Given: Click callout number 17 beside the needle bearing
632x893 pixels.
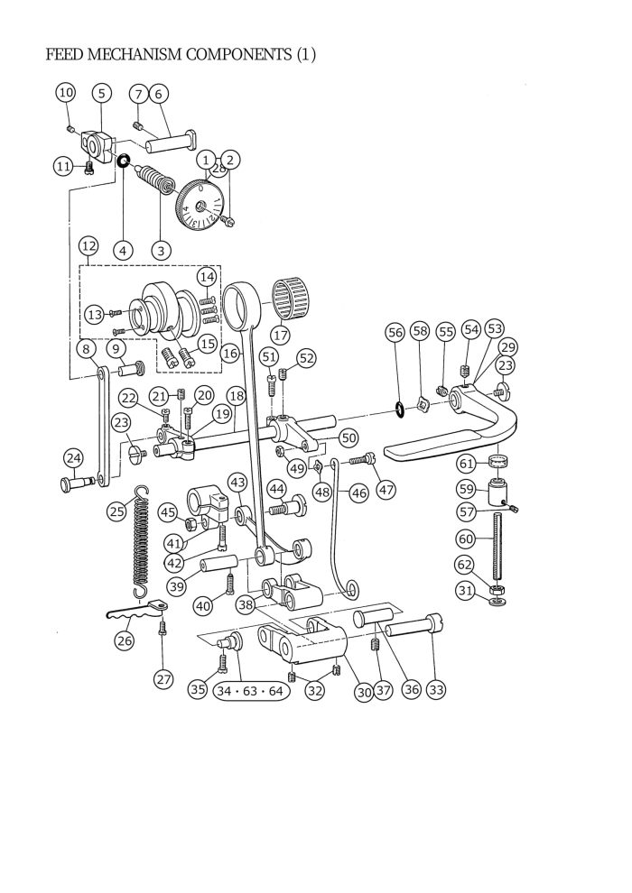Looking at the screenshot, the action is tap(281, 335).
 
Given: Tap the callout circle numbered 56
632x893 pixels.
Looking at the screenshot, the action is tap(395, 332).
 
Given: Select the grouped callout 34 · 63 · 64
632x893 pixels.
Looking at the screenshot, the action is tap(250, 691).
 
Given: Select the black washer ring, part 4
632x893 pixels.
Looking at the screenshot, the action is tap(123, 161).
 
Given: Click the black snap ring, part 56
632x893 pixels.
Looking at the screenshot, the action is tap(399, 408).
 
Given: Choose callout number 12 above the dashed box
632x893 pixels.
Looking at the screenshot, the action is tap(88, 246).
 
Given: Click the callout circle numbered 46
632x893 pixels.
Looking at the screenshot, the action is tap(358, 493).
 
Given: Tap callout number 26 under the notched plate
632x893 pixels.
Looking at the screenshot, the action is tap(124, 640).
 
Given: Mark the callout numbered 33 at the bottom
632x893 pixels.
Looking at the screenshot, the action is tap(435, 690).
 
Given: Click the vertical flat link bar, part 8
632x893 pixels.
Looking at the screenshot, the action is tap(102, 427).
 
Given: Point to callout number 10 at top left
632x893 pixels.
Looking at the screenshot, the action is tap(66, 92).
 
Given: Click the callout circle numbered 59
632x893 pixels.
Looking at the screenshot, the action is tap(466, 489).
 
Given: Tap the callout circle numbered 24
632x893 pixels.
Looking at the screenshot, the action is tap(73, 457).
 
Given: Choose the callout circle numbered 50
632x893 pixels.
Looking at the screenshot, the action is tap(349, 438).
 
